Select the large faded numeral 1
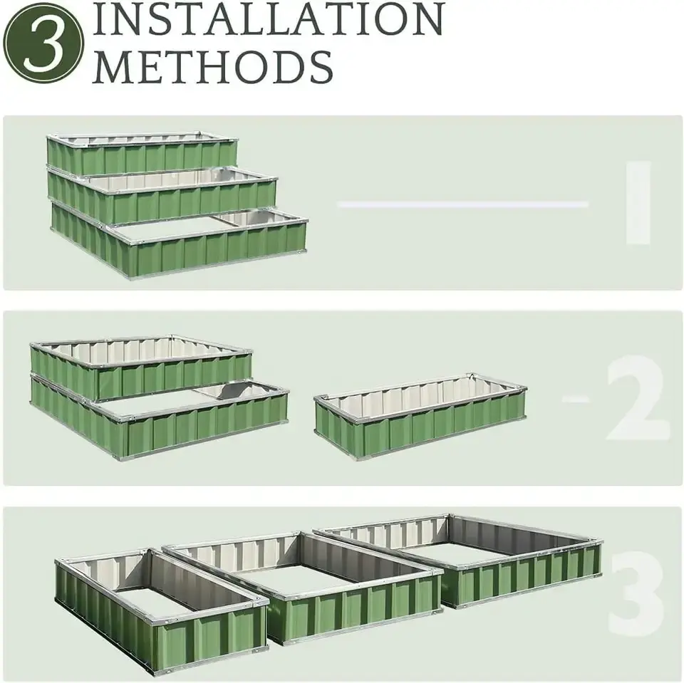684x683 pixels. pyautogui.click(x=638, y=202)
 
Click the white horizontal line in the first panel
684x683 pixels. pyautogui.click(x=463, y=204)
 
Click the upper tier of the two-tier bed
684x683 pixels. pyautogui.click(x=142, y=370)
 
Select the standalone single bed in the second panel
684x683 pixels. pyautogui.click(x=420, y=420)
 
